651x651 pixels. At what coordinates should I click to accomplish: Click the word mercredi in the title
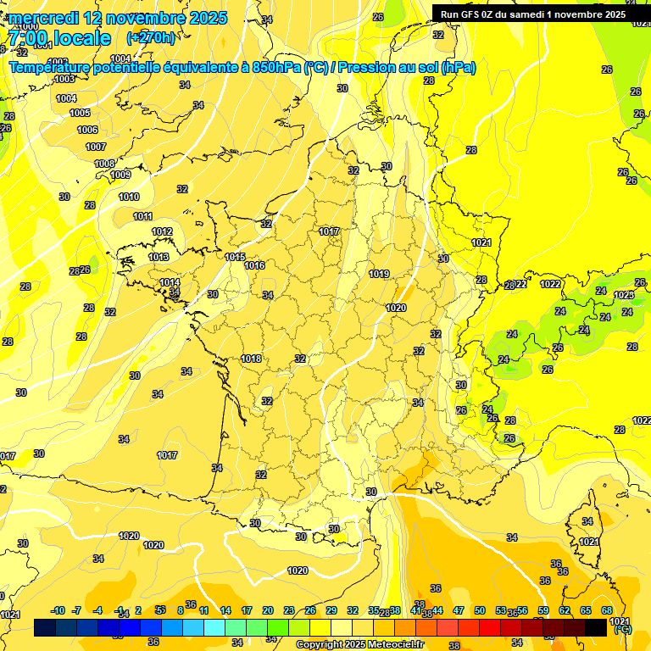42,18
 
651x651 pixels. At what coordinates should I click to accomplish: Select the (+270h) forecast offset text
151,37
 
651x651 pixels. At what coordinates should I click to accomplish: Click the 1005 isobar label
80,113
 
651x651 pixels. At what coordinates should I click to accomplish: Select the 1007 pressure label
96,147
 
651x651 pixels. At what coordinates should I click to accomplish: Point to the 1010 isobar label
129,197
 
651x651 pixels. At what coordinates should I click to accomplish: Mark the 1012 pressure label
162,231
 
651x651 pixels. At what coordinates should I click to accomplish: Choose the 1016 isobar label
254,265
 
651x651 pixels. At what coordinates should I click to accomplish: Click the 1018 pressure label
251,359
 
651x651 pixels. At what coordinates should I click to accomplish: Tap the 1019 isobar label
379,274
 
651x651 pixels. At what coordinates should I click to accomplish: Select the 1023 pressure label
624,295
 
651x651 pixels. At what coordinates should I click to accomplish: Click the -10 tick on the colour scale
58,610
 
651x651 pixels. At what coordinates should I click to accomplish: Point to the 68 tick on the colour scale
607,610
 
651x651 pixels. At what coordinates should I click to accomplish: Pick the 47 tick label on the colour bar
459,610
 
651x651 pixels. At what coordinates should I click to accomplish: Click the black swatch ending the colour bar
596,627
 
